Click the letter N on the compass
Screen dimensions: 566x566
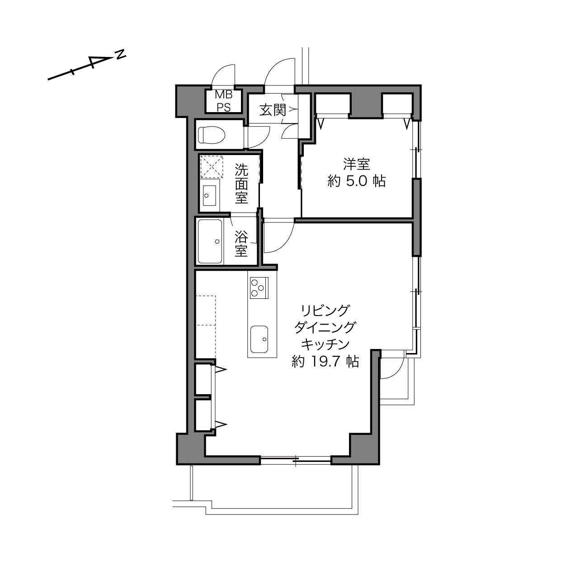pyautogui.click(x=120, y=54)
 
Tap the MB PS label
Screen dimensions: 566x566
pyautogui.click(x=224, y=101)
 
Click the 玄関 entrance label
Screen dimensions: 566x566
pyautogui.click(x=273, y=110)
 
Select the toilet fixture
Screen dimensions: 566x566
pyautogui.click(x=212, y=135)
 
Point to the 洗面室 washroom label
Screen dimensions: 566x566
pyautogui.click(x=241, y=184)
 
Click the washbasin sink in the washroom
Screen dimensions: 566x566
pyautogui.click(x=209, y=196)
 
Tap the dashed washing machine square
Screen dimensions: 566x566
pyautogui.click(x=212, y=166)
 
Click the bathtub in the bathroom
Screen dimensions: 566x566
pyautogui.click(x=210, y=241)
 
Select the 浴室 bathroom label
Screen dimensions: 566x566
pyautogui.click(x=241, y=244)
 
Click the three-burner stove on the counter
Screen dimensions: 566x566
pyautogui.click(x=259, y=288)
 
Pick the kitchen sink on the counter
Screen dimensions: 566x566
pyautogui.click(x=259, y=339)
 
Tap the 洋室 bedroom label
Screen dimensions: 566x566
pyautogui.click(x=356, y=164)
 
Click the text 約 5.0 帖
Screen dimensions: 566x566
pyautogui.click(x=356, y=182)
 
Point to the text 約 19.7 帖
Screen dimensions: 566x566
pyautogui.click(x=325, y=361)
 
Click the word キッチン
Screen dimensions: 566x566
pyautogui.click(x=325, y=344)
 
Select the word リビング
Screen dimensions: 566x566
pyautogui.click(x=325, y=310)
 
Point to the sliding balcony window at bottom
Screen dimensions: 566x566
pyautogui.click(x=296, y=460)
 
